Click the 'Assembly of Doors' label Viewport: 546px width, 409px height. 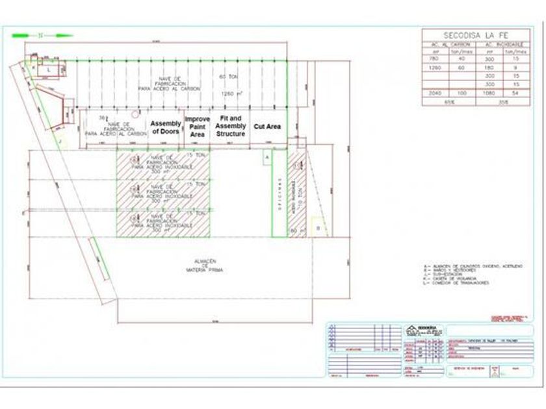point(166,127)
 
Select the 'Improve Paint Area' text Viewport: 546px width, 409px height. point(198,127)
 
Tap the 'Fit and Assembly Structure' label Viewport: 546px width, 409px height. point(231,126)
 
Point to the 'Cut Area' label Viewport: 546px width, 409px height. point(267,127)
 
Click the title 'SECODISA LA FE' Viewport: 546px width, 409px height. point(475,35)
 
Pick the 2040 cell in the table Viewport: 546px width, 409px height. point(435,93)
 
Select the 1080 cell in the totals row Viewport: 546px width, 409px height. point(488,93)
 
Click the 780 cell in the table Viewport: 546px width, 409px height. point(435,59)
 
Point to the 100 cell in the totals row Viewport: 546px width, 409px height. point(462,93)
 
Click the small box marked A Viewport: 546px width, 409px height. point(266,157)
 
